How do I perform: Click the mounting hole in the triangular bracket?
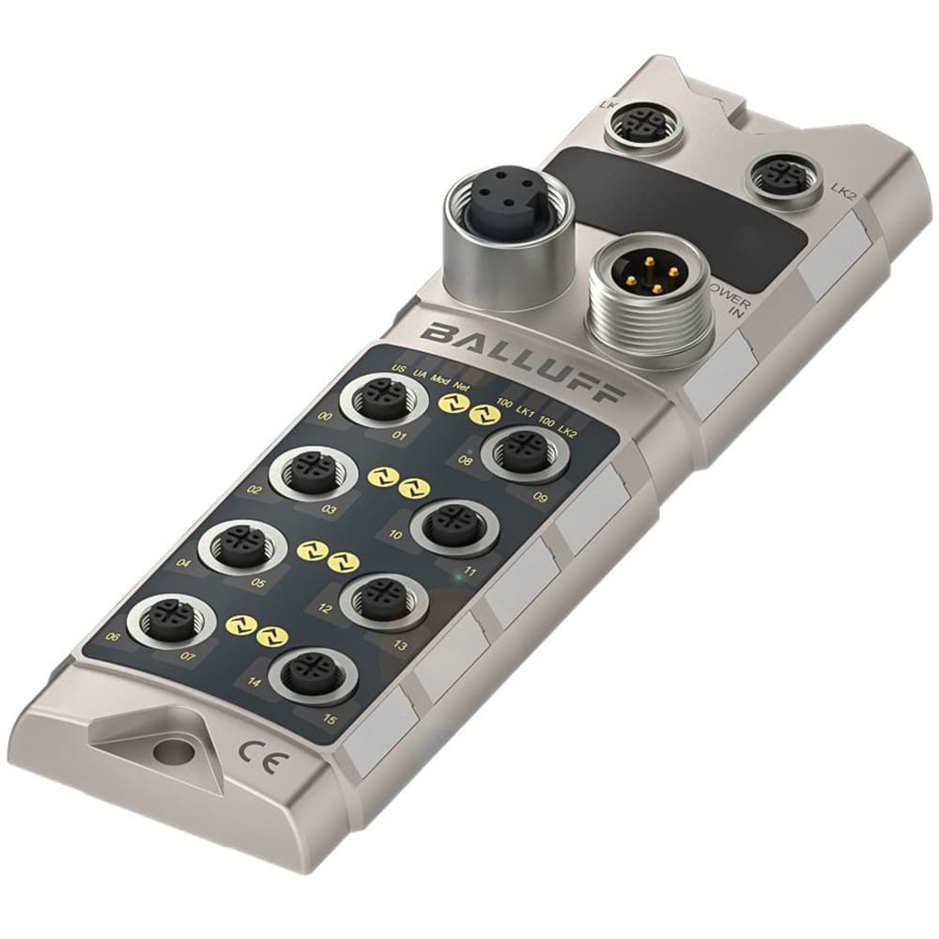click(170, 750)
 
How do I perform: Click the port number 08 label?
click(466, 461)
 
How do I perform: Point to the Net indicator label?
click(461, 385)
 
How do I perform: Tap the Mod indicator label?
click(439, 377)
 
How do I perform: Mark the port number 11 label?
click(469, 572)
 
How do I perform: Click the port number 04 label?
click(184, 563)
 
